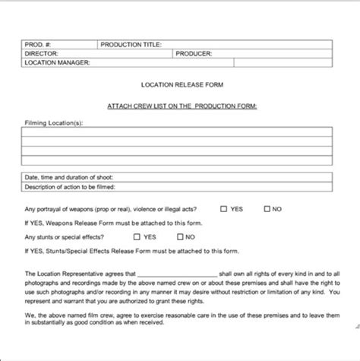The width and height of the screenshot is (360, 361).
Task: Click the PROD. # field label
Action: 39,45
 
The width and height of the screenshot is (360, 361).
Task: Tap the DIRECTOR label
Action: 43,54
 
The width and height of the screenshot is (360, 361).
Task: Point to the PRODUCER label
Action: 194,54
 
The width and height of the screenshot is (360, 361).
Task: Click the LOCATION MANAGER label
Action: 58,63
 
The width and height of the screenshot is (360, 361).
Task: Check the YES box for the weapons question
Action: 223,208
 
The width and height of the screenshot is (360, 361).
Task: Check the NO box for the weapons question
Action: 267,208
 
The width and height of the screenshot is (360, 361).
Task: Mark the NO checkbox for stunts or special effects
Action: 179,236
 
